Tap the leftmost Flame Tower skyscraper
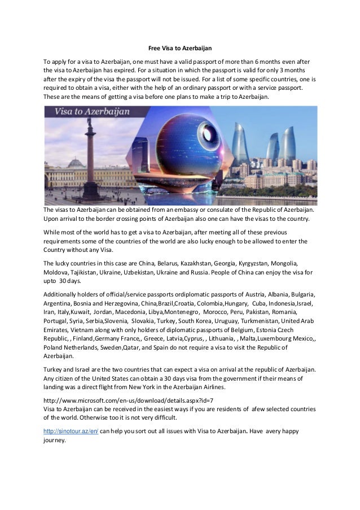[240, 144]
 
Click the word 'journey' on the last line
[55, 441]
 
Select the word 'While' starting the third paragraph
[52, 231]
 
